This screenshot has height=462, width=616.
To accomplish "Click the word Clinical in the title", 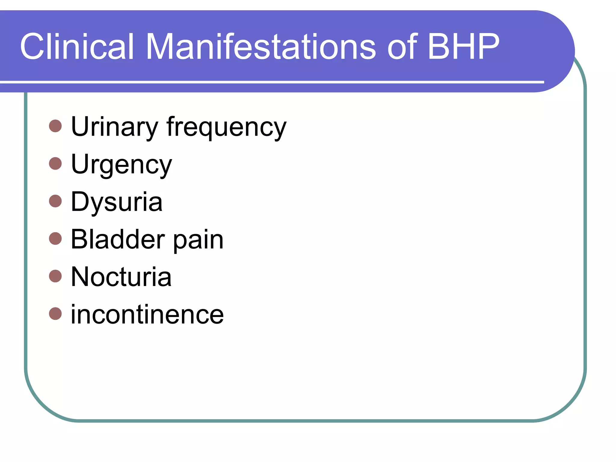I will pos(77,47).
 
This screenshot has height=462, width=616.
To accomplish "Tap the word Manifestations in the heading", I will pos(260,47).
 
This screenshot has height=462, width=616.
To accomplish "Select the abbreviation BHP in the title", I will pos(463,47).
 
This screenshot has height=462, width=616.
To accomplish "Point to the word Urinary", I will pos(114,127).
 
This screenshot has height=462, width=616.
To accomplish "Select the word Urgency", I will pos(121,165).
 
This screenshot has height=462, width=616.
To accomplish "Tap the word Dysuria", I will pos(117,202).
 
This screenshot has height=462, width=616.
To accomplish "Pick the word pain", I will pos(198,241).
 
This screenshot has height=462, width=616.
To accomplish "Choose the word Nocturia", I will pos(121,277).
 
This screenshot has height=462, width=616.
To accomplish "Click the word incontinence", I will pos(147,314).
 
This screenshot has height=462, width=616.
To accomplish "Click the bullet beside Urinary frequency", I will pos(55,126).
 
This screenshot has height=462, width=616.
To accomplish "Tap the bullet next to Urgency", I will pos(55,164).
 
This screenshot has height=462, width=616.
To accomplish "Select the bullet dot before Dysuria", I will pos(55,201).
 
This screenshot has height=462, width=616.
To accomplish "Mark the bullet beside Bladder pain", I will pos(55,239).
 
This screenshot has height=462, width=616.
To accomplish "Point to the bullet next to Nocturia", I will pos(55,276).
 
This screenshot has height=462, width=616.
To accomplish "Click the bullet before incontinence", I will pos(55,313).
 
